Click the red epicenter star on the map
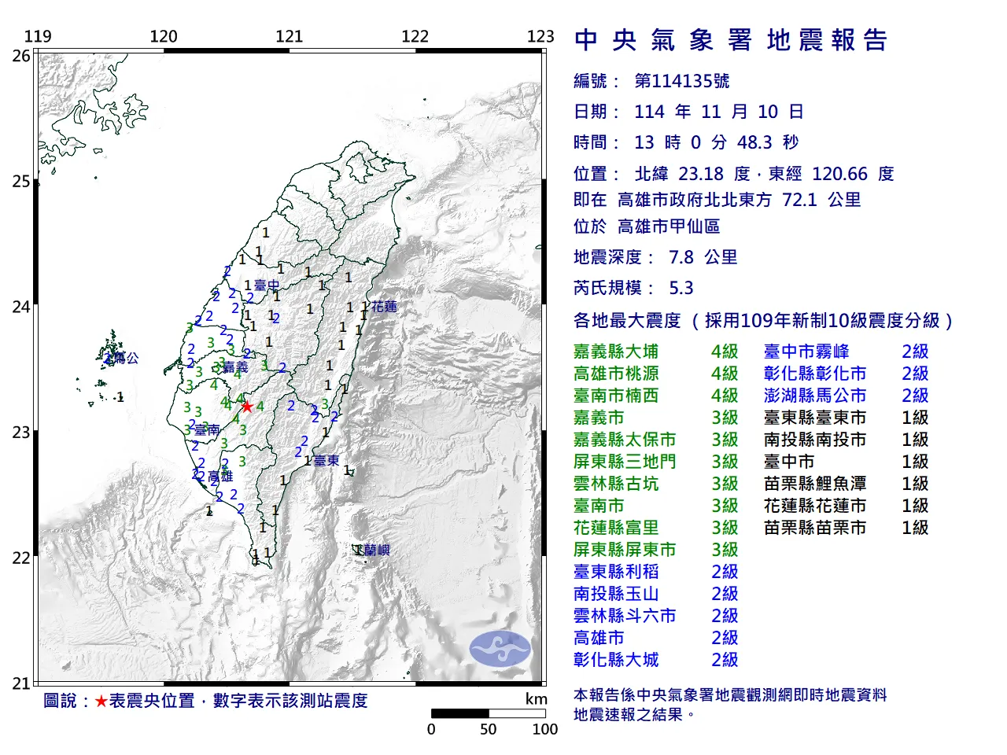point(247,407)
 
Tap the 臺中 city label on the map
point(267,285)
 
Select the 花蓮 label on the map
point(385,306)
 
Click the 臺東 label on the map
point(326,460)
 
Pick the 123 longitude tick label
point(540,36)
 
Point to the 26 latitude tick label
point(21,56)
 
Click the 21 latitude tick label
point(21,683)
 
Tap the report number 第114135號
point(681,81)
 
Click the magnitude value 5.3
point(681,288)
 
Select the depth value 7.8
point(681,257)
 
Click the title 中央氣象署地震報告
point(731,40)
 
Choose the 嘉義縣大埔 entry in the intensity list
point(616,352)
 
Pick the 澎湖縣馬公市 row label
point(815,396)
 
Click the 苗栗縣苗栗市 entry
point(815,528)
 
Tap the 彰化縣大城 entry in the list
point(616,660)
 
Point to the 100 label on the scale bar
point(544,729)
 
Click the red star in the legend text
point(101,701)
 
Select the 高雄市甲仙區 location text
point(669,226)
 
